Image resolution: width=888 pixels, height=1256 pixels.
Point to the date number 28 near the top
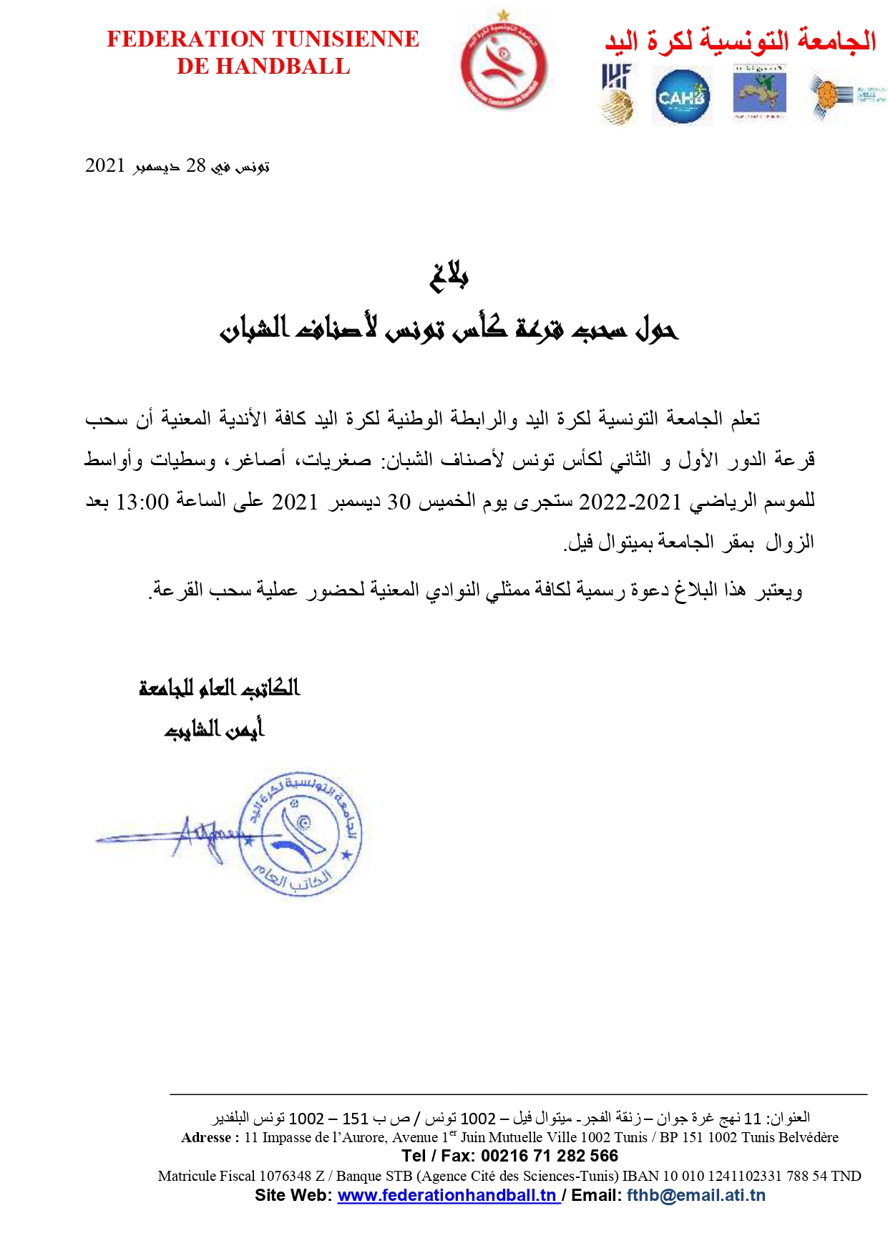[195, 166]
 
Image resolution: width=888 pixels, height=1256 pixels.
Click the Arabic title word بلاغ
[449, 276]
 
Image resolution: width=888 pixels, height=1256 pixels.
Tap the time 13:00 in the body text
[142, 502]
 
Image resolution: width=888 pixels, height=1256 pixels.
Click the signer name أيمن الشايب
[214, 729]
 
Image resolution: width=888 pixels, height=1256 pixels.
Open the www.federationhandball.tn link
[447, 1195]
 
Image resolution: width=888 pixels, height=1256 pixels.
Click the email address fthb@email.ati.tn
[696, 1195]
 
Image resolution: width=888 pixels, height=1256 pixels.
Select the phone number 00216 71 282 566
[549, 1156]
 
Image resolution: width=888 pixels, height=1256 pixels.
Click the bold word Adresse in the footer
[206, 1138]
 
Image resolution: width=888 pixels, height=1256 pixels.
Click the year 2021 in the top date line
[105, 166]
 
